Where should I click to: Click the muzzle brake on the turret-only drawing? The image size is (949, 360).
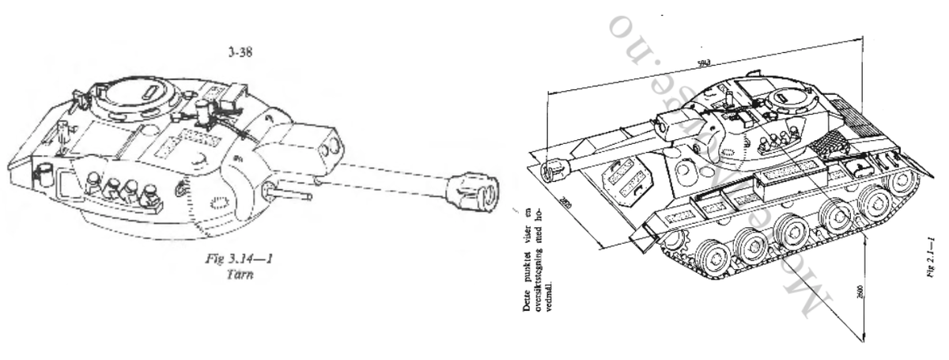pos(475,191)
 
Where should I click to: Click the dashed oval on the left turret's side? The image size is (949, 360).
pos(215,203)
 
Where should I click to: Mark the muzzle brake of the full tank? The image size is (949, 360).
pos(551,169)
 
